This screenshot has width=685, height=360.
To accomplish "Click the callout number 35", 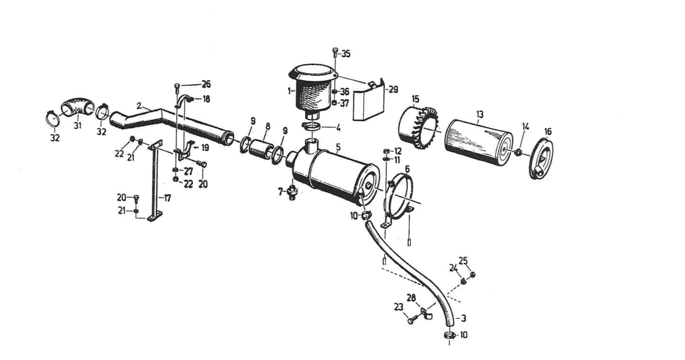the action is (346, 54).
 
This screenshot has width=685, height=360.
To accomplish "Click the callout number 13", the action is (480, 114).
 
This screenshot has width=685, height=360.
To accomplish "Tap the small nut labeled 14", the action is (518, 152).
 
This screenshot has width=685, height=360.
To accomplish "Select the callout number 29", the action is (393, 89).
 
